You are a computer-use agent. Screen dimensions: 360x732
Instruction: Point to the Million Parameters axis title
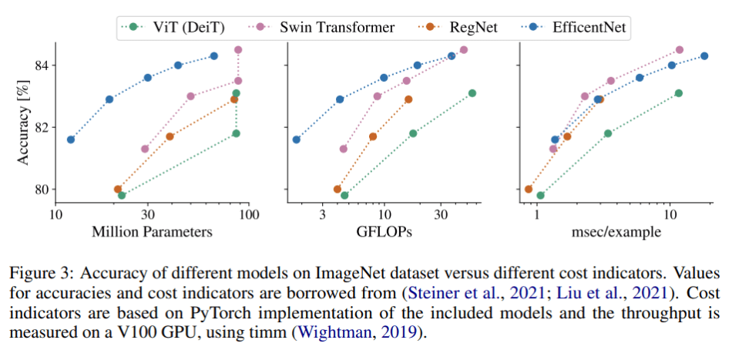(152, 231)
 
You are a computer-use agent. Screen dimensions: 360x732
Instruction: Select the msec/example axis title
(614, 231)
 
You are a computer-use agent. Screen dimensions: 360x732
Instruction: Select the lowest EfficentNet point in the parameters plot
(71, 140)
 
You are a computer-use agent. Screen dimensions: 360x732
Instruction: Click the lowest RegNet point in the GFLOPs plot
(337, 189)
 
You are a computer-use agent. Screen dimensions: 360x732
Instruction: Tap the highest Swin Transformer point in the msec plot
(679, 50)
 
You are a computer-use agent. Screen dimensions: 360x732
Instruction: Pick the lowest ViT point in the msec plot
(540, 195)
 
